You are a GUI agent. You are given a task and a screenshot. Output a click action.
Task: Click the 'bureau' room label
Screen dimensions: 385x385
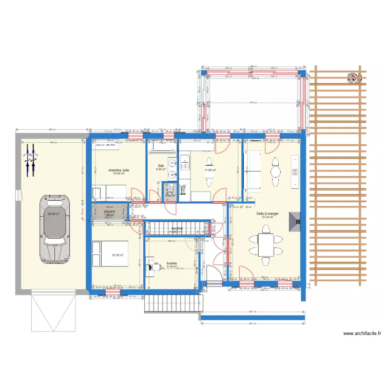[171, 262]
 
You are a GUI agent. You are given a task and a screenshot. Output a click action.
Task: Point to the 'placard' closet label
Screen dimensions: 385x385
[109, 211]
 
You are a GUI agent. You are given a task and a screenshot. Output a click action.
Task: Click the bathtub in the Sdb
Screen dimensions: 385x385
[162, 147]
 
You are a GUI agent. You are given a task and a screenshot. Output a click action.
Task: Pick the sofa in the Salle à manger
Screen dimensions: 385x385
[253, 169]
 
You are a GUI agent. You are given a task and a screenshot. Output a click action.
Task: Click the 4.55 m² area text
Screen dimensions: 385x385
[159, 169]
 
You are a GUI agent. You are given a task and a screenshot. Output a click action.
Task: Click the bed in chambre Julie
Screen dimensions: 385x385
[109, 192]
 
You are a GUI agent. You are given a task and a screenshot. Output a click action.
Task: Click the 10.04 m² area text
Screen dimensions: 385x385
[119, 174]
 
